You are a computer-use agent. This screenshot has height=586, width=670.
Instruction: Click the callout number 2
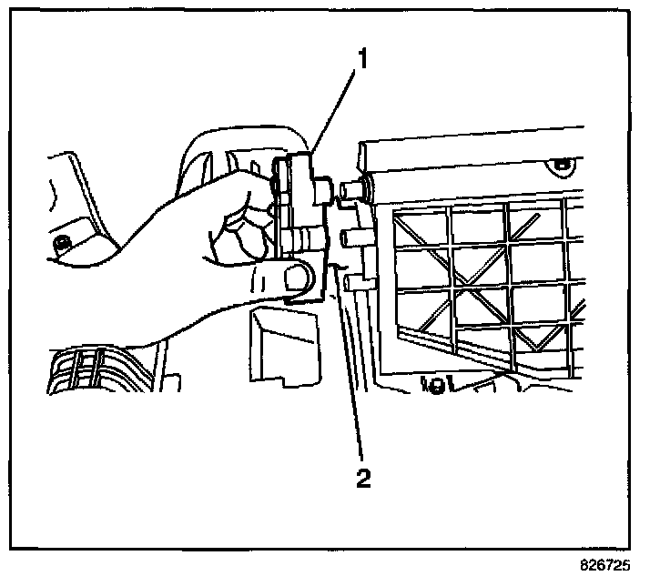coord(364,477)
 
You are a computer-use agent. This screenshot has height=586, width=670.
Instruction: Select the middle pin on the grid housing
coord(352,237)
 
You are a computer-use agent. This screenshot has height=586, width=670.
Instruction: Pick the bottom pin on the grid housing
coord(355,281)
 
